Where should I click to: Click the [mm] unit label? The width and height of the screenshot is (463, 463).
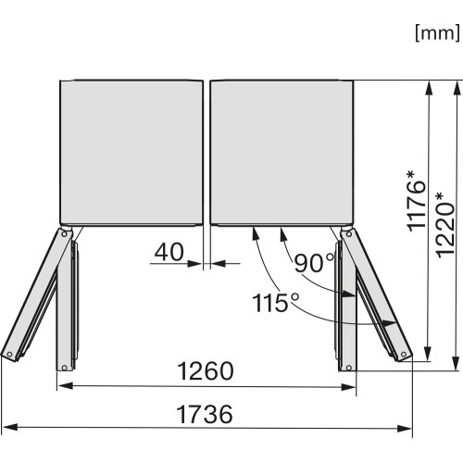[x=437, y=33]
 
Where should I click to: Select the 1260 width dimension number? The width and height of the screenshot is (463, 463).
[x=206, y=370]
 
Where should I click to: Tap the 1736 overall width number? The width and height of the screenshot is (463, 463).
[x=205, y=414]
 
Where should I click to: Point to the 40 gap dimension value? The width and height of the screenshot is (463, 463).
[x=169, y=252]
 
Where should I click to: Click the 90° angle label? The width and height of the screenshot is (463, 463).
[x=314, y=263]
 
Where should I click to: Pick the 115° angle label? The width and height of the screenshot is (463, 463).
[x=276, y=302]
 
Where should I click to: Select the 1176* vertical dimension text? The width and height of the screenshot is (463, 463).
[x=417, y=201]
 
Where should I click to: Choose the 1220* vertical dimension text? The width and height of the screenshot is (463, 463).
[x=444, y=224]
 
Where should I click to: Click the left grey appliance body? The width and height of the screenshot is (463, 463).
[x=131, y=152]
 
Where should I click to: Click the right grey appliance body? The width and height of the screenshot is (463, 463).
[x=282, y=152]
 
